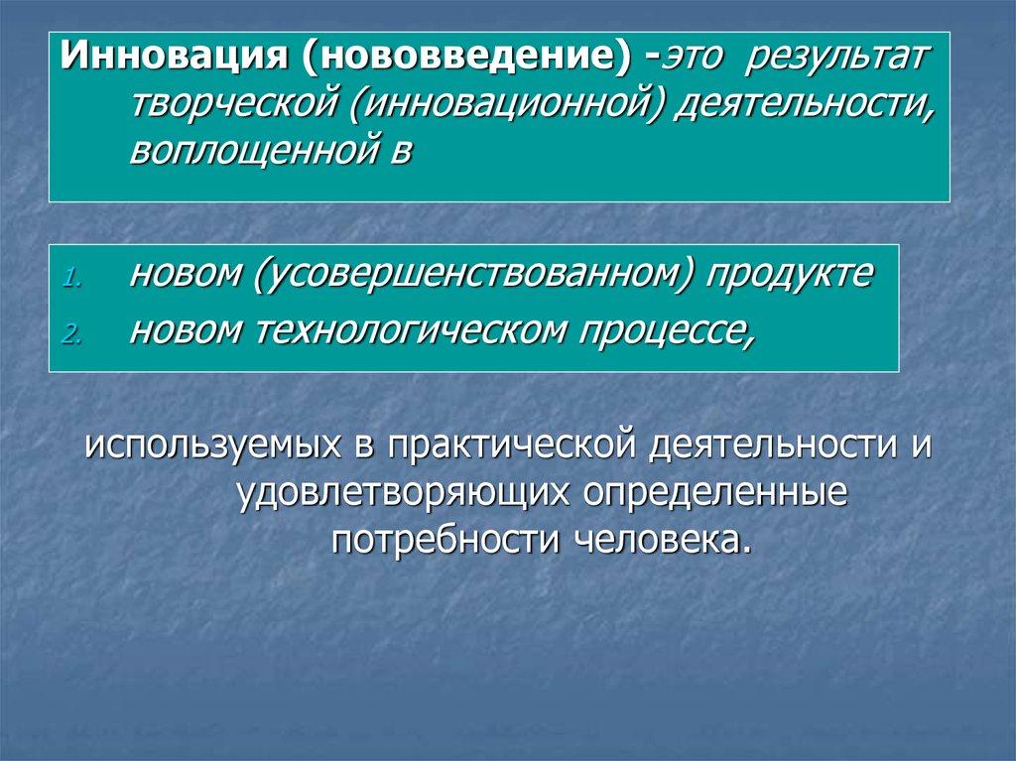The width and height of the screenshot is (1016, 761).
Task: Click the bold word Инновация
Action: [174, 57]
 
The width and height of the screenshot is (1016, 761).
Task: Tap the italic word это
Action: [691, 58]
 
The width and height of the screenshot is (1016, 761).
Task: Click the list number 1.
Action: [72, 279]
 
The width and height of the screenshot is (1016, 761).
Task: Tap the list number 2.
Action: [72, 334]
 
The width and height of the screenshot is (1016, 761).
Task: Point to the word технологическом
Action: [412, 330]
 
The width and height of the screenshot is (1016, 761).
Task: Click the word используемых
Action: [212, 445]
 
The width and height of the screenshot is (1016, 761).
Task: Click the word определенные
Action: [715, 494]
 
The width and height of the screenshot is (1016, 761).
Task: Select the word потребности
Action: [445, 541]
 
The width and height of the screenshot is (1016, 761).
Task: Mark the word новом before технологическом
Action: [187, 332]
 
